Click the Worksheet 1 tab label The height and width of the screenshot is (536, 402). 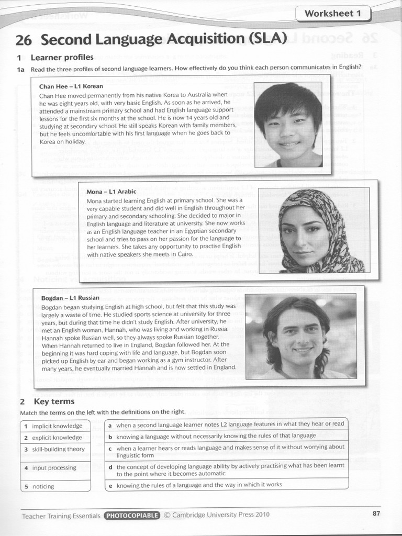coord(333,14)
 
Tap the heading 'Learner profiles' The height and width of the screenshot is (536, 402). coord(62,57)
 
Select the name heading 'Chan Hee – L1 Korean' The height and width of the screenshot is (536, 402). coord(71,86)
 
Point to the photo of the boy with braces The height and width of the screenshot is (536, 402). coord(288,125)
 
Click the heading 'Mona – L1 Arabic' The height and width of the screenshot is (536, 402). coord(111,192)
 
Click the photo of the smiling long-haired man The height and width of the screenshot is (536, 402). coord(300,336)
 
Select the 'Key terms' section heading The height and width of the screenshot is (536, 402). coord(54,401)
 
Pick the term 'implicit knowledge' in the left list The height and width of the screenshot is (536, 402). coord(57,426)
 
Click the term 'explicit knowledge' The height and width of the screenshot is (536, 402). coord(57,438)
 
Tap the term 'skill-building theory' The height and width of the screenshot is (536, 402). coord(58,449)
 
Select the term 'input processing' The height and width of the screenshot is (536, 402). coord(54,467)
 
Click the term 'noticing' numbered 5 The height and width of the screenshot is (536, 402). coord(43,486)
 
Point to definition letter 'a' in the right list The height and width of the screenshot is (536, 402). coord(110,425)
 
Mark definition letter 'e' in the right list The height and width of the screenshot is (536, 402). coord(110,485)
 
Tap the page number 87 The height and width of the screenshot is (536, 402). coord(376,513)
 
